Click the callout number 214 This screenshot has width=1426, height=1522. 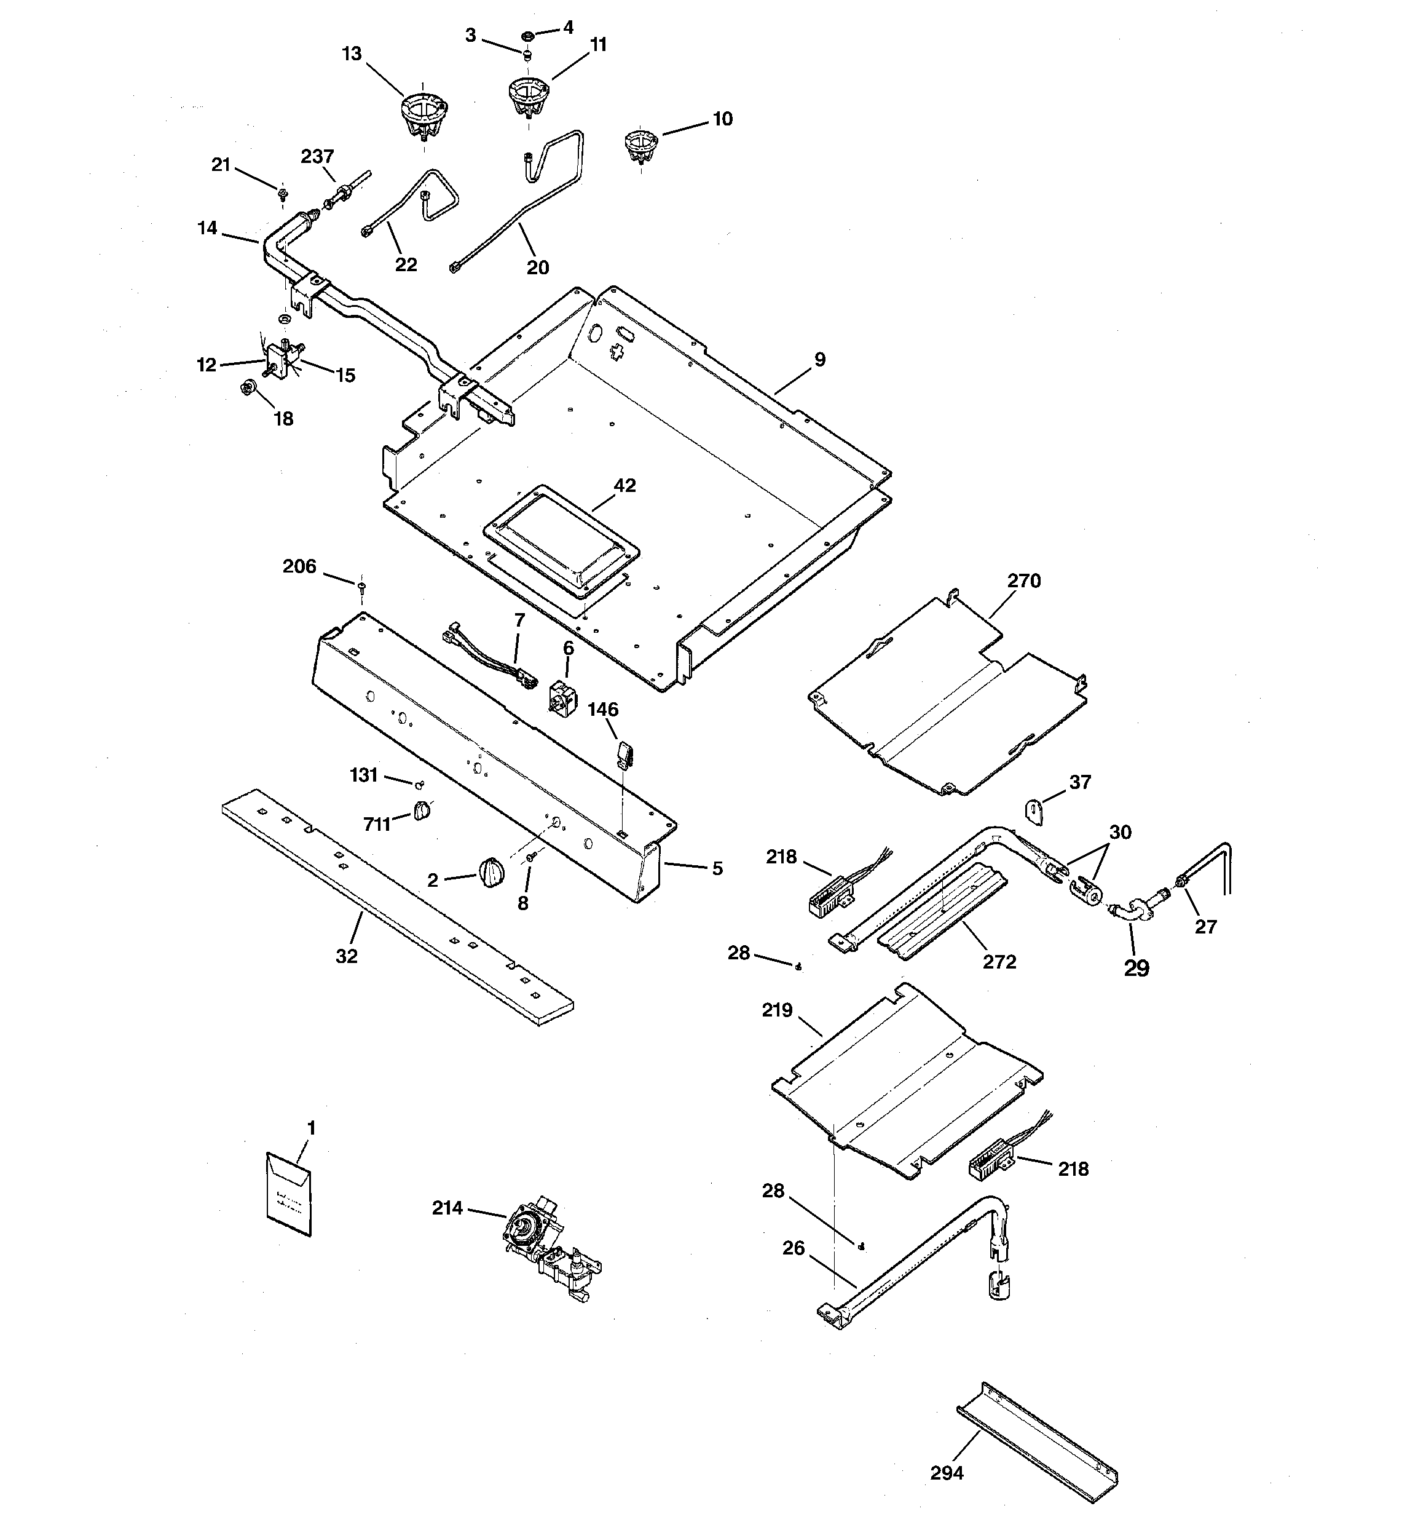447,1208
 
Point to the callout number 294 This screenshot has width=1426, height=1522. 946,1472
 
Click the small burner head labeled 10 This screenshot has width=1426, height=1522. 640,145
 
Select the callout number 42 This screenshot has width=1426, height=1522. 624,485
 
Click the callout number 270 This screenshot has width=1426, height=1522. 1023,581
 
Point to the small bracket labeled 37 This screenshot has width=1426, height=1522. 1035,811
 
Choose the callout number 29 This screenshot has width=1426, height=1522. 1136,968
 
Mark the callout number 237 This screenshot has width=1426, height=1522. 317,157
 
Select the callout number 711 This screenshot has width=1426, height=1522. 377,824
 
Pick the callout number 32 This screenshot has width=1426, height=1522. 347,956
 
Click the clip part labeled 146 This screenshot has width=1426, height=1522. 624,753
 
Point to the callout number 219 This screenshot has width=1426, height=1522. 777,1010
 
